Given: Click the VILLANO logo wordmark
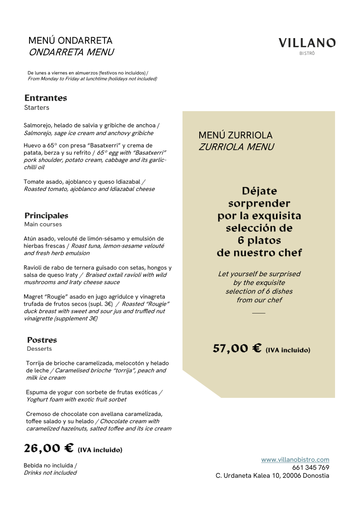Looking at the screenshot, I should point(307,43).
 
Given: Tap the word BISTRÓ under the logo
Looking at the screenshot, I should point(307,54).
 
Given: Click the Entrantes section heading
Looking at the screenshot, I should point(45,98).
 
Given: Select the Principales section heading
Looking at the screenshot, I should point(46,215).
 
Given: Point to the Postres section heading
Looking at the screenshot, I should point(42,340).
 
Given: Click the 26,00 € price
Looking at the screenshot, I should point(49,448).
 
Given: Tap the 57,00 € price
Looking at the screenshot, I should point(237,348).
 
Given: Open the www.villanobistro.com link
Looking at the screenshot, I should point(295,460).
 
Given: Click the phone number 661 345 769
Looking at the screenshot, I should point(311,468).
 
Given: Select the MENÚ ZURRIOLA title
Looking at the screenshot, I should point(235,135).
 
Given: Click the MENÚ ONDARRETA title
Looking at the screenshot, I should point(70,41).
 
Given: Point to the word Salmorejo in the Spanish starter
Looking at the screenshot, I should point(39,125).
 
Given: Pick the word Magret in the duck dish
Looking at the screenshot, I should point(34,297).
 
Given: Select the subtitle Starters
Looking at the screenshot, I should point(36,108).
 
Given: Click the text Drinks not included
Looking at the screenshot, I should point(50,473).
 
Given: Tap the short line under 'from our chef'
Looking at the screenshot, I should point(258,313).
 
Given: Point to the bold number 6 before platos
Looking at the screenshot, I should point(241,240).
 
